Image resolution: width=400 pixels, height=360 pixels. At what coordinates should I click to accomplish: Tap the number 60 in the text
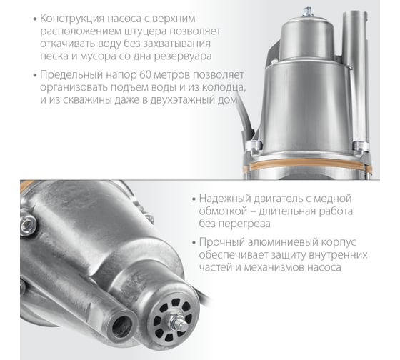[146, 75]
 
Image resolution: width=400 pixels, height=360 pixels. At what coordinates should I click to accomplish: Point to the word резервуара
[183, 56]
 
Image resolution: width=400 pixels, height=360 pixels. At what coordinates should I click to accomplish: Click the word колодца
[224, 88]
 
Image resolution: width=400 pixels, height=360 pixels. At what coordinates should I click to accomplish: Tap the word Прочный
[219, 242]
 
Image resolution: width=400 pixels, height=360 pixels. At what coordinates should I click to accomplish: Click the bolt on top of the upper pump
[308, 12]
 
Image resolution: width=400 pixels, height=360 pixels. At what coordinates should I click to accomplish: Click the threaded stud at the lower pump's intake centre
[179, 324]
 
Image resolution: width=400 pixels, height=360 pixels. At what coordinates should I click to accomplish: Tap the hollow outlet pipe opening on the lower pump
[122, 326]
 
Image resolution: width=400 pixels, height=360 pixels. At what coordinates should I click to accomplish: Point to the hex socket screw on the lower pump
[28, 225]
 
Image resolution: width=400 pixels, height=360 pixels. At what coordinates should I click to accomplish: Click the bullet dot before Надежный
[194, 199]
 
